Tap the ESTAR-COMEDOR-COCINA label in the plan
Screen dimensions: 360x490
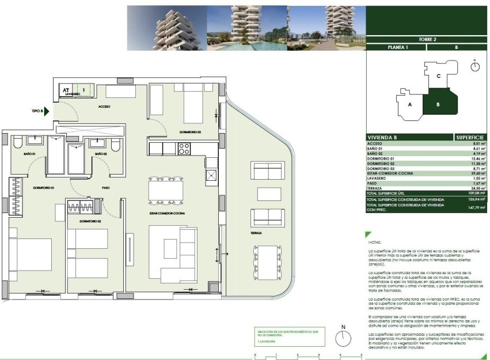[164, 213]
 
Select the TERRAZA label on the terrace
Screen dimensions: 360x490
[256, 233]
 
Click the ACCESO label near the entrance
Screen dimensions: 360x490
[104, 107]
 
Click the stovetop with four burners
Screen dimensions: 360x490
[184, 149]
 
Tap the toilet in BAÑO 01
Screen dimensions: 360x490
[17, 143]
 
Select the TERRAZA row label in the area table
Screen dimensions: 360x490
[375, 188]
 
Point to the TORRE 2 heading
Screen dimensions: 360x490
[426, 39]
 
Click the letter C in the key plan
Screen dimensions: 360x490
[438, 75]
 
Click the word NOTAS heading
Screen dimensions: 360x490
[374, 243]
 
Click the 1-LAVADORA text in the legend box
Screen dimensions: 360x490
[265, 342]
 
